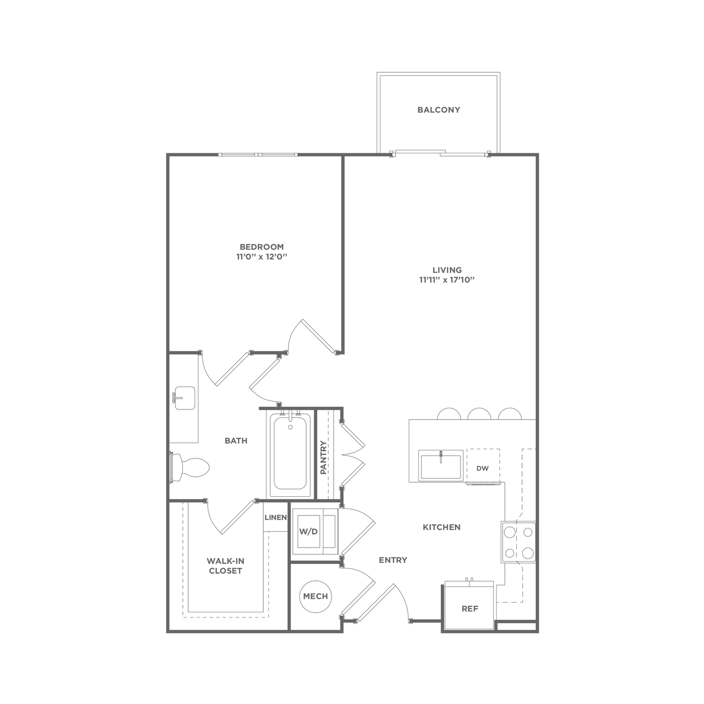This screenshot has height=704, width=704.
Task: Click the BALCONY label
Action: tap(438, 110)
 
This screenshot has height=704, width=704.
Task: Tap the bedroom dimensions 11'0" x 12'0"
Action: tap(261, 257)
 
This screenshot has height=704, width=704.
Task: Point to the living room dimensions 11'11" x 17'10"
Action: tap(447, 280)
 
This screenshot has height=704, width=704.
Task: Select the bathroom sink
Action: tap(184, 398)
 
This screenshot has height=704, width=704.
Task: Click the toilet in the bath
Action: tap(190, 468)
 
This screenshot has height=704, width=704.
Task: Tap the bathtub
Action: tap(290, 453)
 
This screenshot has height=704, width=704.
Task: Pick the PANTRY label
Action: tap(324, 457)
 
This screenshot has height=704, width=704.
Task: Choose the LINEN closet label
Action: tap(276, 517)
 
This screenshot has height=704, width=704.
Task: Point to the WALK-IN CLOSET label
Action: tap(226, 565)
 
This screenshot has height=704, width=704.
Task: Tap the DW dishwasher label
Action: tap(483, 468)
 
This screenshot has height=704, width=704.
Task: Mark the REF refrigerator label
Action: tap(470, 609)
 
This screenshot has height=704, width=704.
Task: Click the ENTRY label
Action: tap(393, 560)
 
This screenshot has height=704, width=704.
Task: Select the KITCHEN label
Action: tap(442, 527)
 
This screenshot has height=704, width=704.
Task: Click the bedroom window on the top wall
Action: tap(258, 154)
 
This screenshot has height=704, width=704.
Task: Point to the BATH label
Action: tap(236, 441)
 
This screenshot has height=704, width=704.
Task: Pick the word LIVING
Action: tap(447, 270)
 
